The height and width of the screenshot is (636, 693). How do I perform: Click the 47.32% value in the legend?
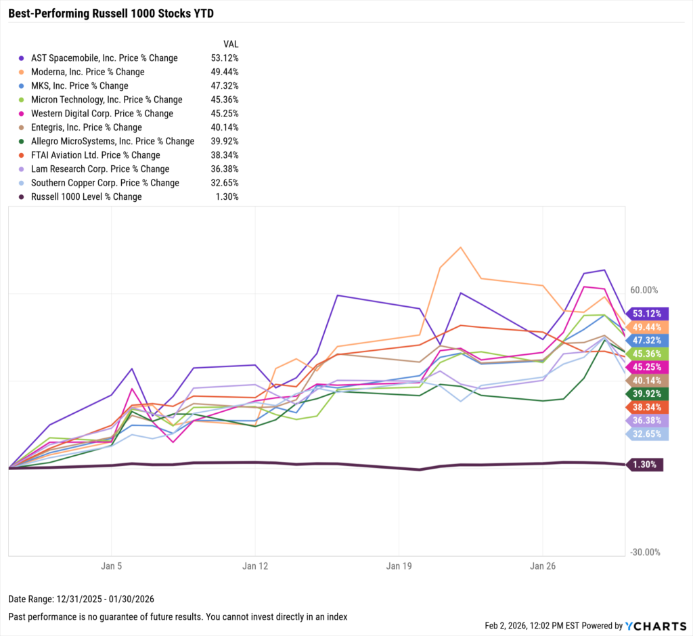point(224,86)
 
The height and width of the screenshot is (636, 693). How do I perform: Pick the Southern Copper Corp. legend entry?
point(105,183)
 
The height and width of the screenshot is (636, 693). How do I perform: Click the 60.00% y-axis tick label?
point(644,290)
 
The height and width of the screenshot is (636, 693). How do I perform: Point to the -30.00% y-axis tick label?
point(644,552)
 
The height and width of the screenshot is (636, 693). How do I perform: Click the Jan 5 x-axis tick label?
point(111,566)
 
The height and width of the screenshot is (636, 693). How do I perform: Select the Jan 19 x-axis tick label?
point(399,566)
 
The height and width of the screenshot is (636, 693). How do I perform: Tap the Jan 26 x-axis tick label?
point(543,566)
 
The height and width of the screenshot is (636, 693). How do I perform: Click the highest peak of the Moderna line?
point(461,247)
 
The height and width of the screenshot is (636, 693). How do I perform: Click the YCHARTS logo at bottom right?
point(654,626)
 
